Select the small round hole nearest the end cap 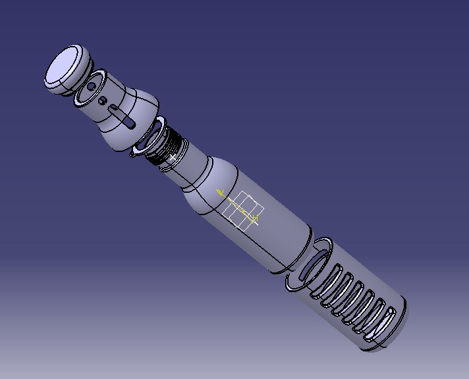pos(90,87)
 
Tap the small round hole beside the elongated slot pos(103,101)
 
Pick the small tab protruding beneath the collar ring pos(135,153)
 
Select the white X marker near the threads pos(173,158)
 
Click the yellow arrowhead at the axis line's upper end pos(221,193)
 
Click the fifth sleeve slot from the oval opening pos(375,311)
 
